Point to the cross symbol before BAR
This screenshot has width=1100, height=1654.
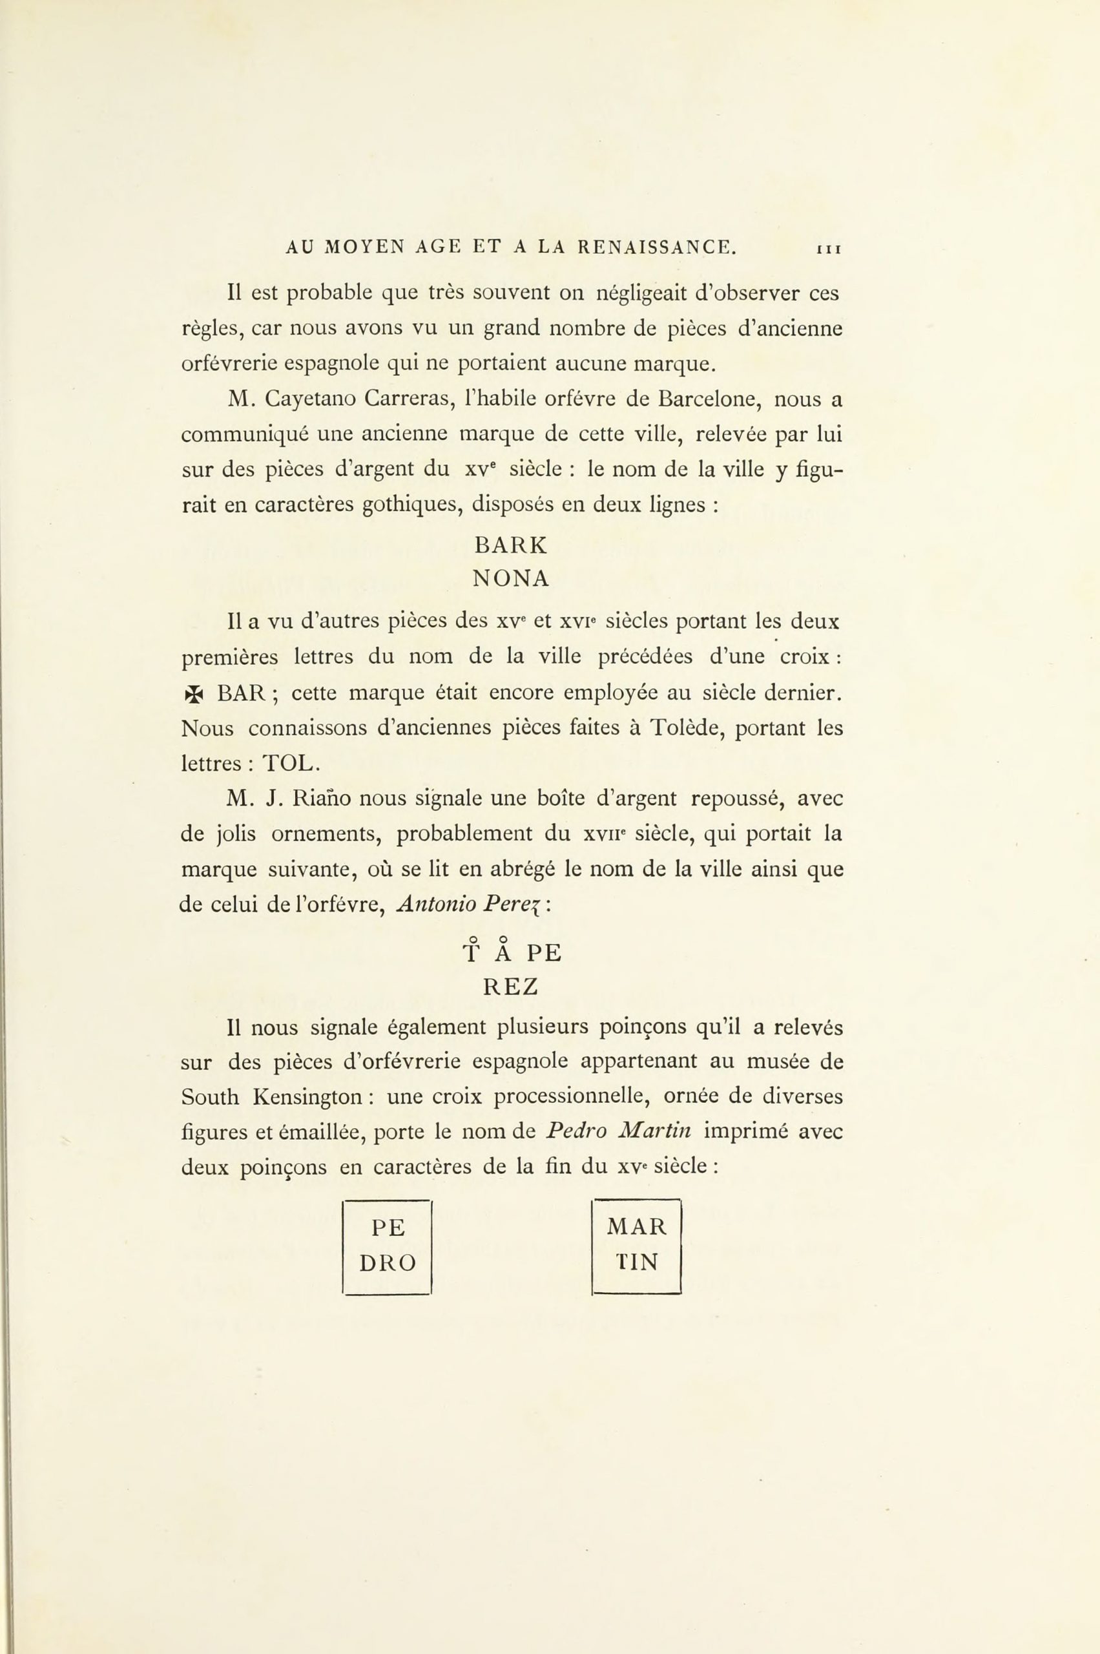click(x=193, y=695)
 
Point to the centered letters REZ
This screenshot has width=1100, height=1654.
click(x=511, y=987)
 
